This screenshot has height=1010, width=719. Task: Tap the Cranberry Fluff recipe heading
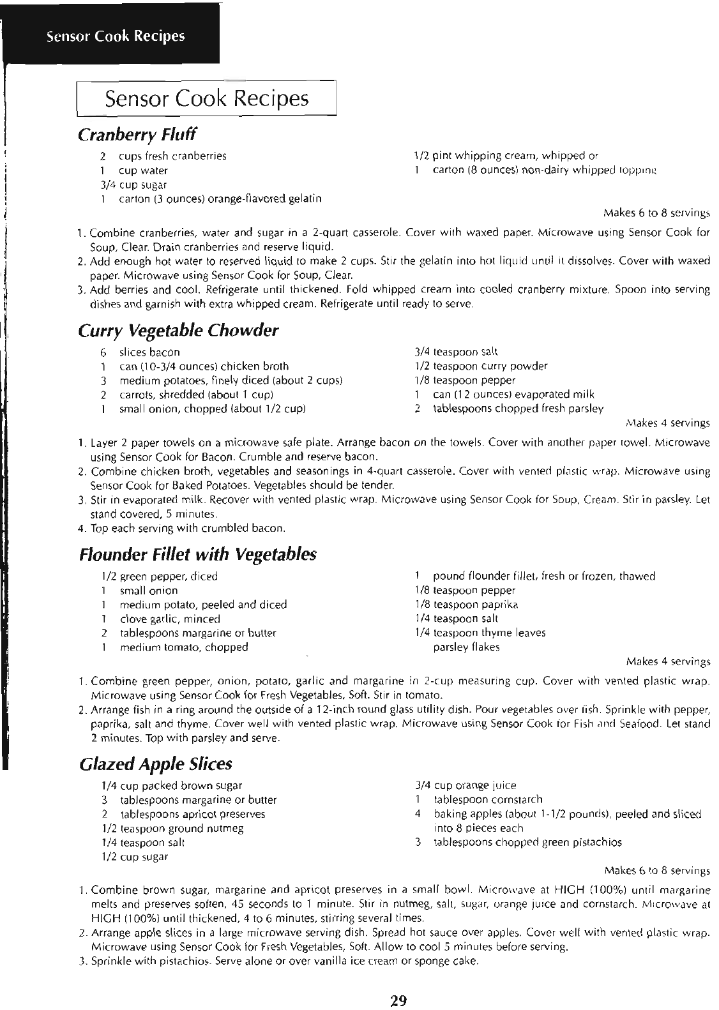[x=137, y=135]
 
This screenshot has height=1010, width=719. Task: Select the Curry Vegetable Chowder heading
[x=178, y=331]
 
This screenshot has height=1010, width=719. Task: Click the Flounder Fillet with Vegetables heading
[x=197, y=554]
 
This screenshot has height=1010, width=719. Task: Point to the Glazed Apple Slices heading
[x=155, y=764]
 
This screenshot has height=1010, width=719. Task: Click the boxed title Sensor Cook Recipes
[x=206, y=98]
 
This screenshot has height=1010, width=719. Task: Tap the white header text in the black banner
[x=116, y=36]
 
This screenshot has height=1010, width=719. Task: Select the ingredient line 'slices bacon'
[x=149, y=352]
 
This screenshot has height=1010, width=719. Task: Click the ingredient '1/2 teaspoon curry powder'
[x=481, y=366]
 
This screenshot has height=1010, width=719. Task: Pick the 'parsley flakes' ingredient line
[x=466, y=647]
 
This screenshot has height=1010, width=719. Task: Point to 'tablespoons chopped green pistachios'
[x=527, y=842]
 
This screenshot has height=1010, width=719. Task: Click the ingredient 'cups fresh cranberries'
[x=172, y=156]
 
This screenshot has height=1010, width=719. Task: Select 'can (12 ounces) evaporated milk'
[x=513, y=394]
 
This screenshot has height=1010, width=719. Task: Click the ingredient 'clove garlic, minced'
[x=170, y=619]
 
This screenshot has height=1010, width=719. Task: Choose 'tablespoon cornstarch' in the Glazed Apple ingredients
[x=488, y=799]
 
